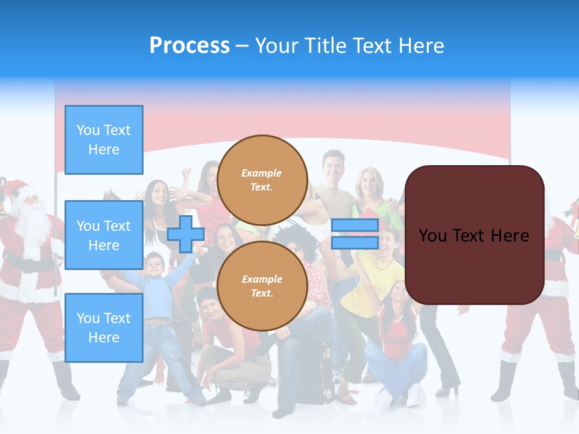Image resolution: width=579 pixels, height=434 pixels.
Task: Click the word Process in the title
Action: pyautogui.click(x=189, y=46)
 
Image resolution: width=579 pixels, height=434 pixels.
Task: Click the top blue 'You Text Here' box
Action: pyautogui.click(x=104, y=140)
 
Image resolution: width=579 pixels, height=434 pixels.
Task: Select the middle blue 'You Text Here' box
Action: pyautogui.click(x=104, y=235)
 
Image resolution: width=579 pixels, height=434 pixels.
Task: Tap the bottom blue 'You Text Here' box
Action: pyautogui.click(x=104, y=328)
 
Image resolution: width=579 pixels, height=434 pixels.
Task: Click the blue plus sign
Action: pyautogui.click(x=186, y=234)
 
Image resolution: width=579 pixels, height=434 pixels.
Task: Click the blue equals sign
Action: pyautogui.click(x=355, y=234)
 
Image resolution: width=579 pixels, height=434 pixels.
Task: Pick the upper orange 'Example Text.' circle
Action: pyautogui.click(x=262, y=180)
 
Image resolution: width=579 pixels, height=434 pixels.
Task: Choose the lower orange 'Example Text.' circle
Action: pyautogui.click(x=262, y=286)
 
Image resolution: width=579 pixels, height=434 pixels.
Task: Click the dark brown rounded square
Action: pyautogui.click(x=474, y=235)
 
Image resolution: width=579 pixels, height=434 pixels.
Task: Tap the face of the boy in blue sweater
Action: pyautogui.click(x=154, y=264)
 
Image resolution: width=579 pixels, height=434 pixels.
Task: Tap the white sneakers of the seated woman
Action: pyautogui.click(x=398, y=398)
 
